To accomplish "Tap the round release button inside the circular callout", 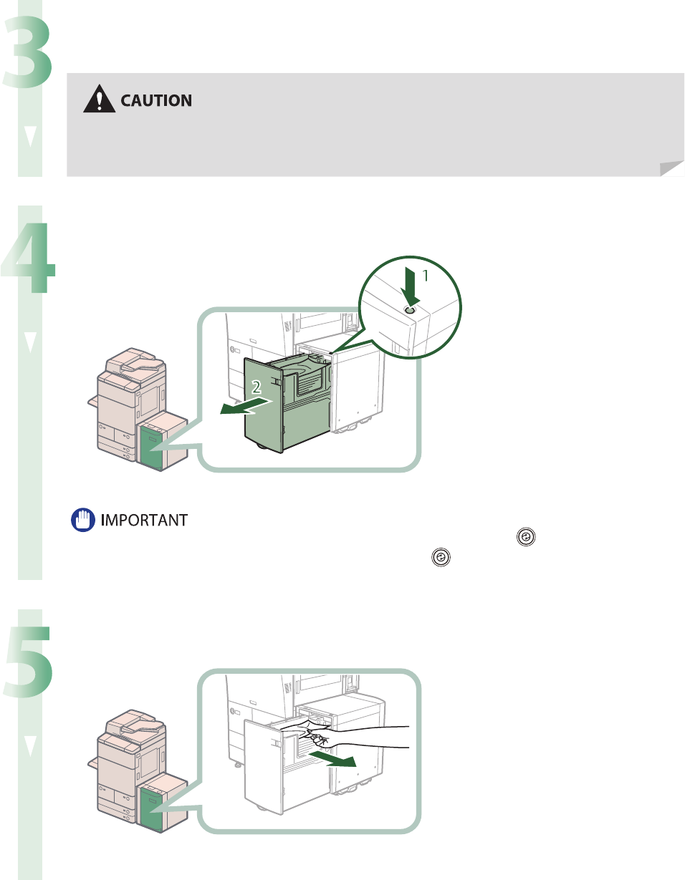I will click(x=410, y=311).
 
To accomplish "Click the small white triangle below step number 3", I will click(x=29, y=138).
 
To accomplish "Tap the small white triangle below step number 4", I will click(x=29, y=343).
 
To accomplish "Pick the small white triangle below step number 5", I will click(x=29, y=747).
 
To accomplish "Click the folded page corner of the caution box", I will click(x=671, y=168).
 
